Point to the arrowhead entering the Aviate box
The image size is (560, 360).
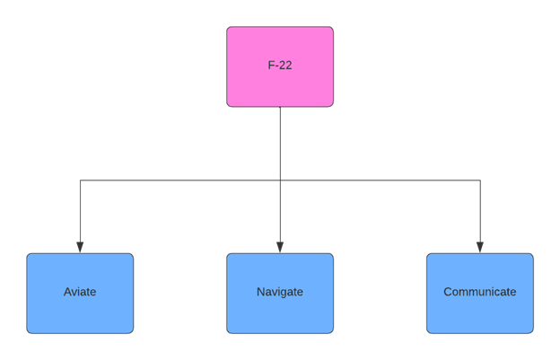[x=80, y=247]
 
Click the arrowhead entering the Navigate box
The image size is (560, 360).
[x=280, y=247]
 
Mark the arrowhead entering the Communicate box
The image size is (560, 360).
[x=480, y=247]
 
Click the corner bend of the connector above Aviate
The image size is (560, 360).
[x=80, y=180]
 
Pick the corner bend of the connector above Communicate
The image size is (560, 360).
[x=480, y=180]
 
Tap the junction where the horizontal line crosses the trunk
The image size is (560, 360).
[x=280, y=180]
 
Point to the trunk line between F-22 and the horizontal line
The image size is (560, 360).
[x=280, y=144]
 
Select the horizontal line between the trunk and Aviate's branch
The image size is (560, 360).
[x=179, y=180]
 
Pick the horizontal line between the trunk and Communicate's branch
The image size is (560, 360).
[x=381, y=180]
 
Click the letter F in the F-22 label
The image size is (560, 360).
[x=271, y=66]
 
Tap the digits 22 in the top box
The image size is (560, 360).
[x=285, y=66]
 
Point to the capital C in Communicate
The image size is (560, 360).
[x=448, y=292]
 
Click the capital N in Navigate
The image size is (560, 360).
[x=261, y=292]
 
